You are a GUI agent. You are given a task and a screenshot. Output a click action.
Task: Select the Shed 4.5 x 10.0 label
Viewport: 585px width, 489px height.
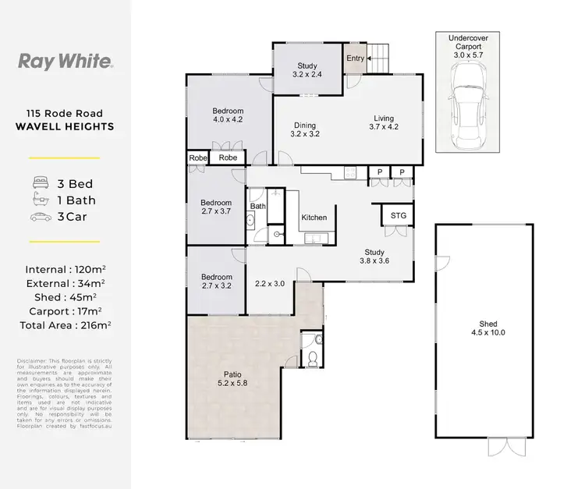coord(488,328)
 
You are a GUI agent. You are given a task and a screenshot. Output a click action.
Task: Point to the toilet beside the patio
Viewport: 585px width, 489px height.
coord(313,357)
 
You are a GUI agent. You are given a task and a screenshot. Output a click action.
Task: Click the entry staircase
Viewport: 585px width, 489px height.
coord(377,55)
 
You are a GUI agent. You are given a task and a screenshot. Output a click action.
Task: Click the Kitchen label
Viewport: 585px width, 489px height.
coord(314,218)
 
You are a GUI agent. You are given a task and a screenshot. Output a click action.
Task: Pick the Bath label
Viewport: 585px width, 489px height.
coord(257,207)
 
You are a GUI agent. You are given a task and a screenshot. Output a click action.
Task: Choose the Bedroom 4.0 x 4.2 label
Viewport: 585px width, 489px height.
coord(228,115)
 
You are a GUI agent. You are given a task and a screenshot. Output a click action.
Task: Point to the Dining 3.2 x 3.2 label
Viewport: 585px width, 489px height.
coord(305,129)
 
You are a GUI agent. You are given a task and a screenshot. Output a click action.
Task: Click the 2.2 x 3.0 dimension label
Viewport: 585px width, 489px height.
coord(271,283)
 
